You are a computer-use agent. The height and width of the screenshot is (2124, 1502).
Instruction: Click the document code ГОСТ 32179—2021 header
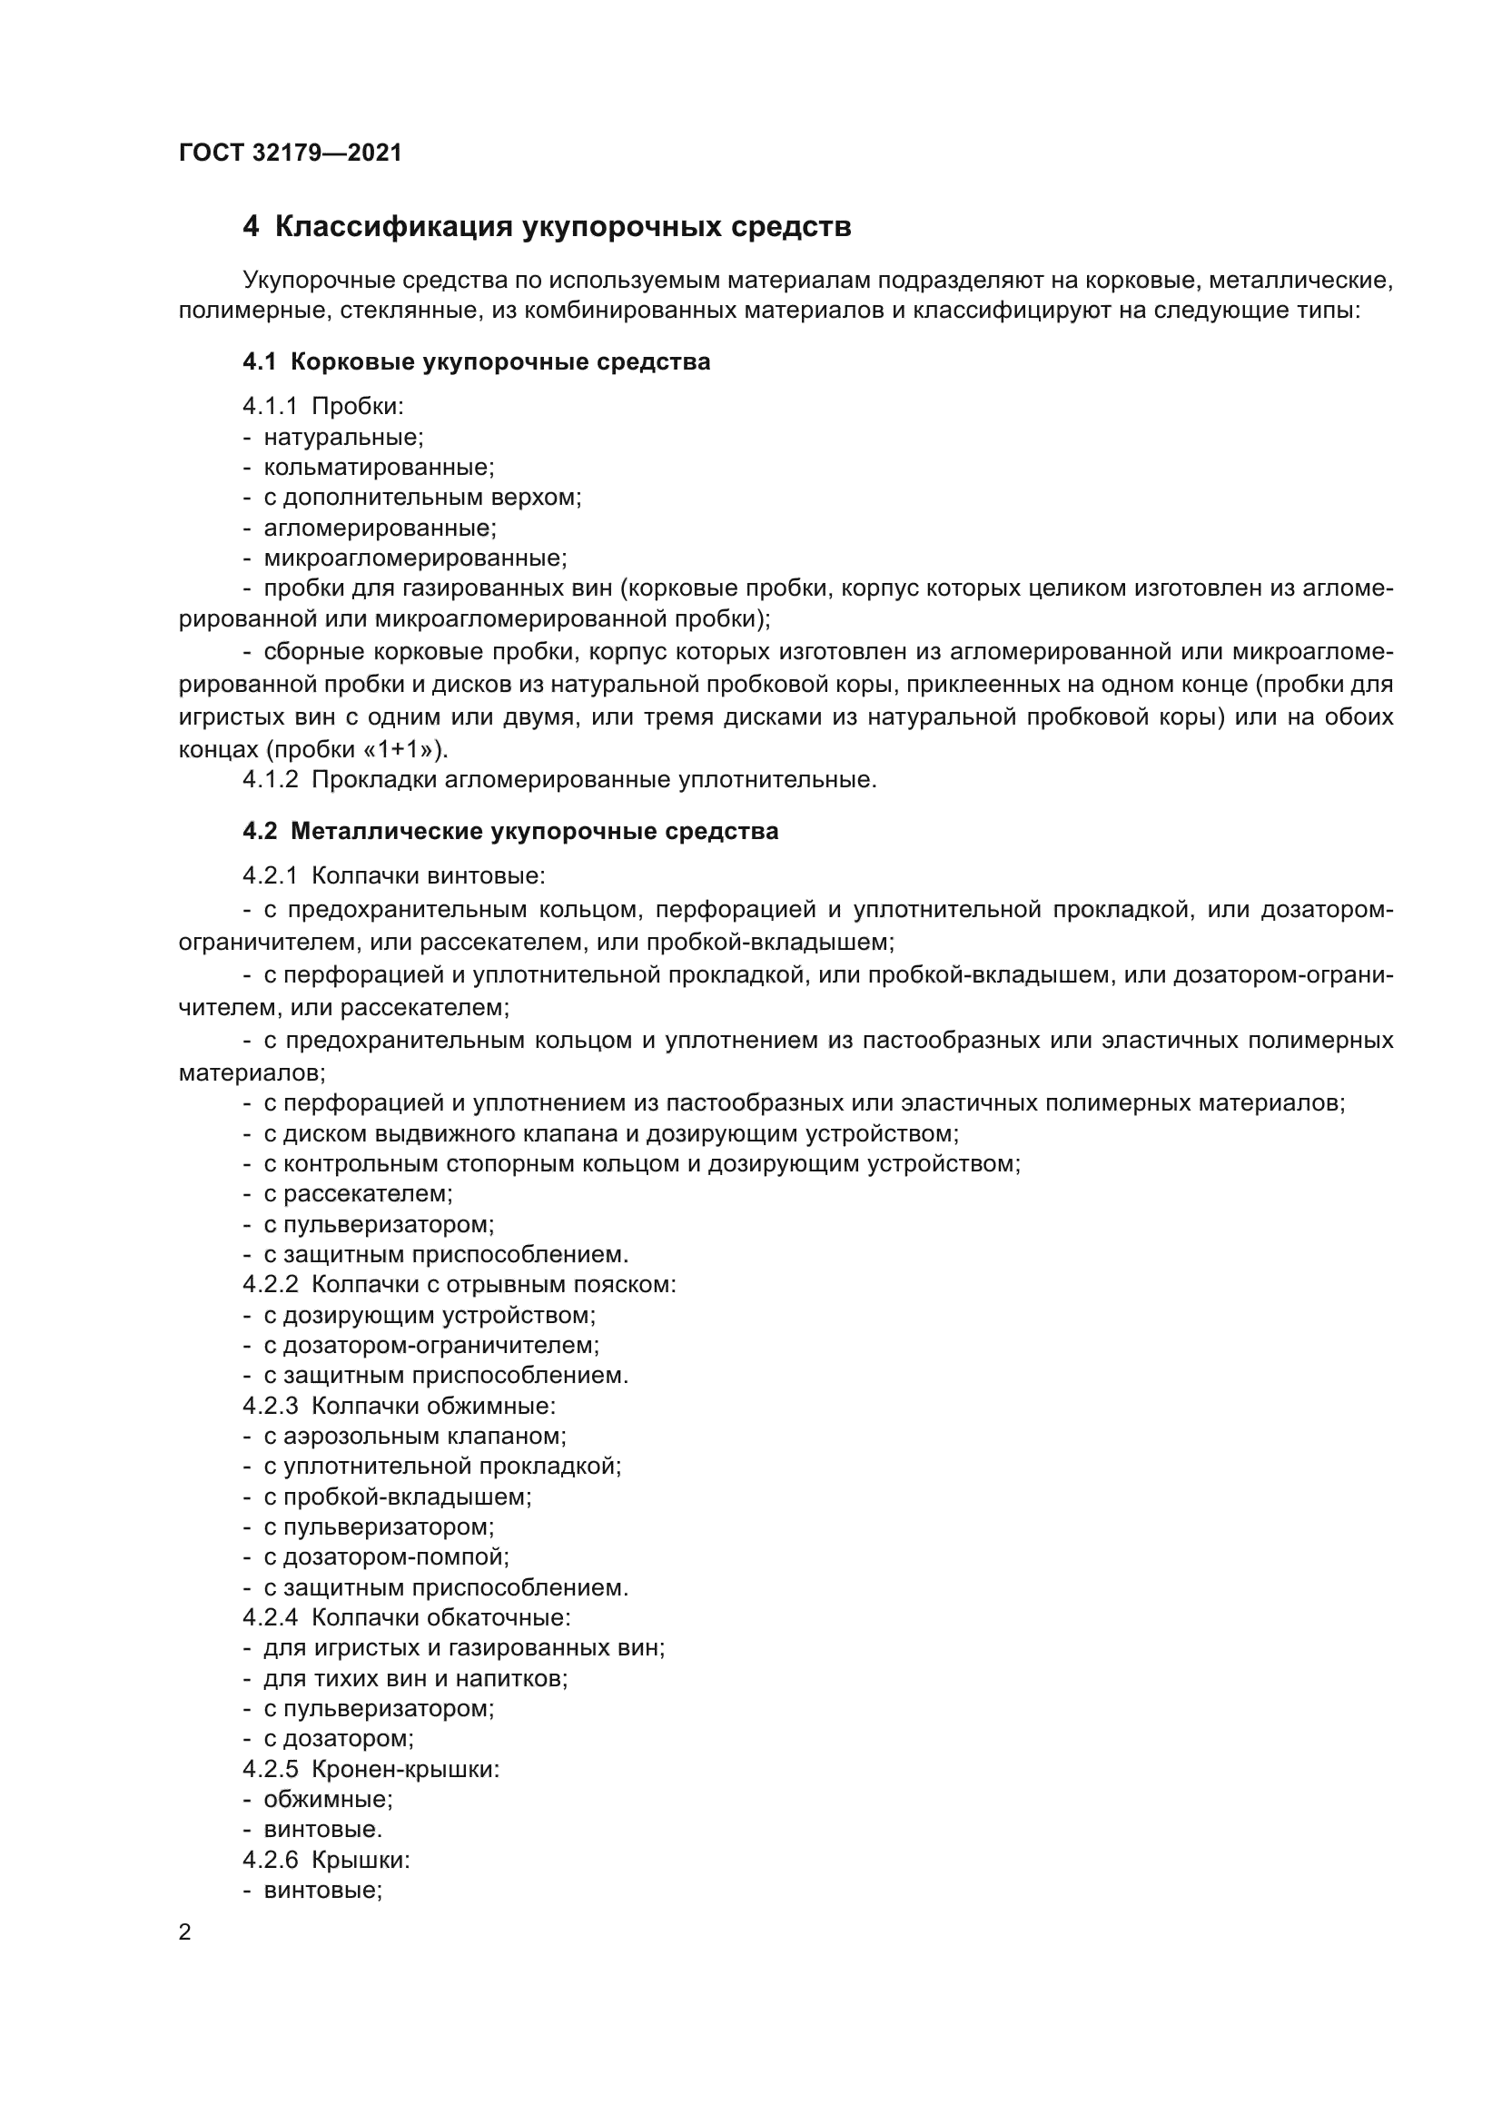(x=291, y=153)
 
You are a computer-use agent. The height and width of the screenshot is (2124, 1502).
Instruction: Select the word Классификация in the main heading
(x=393, y=227)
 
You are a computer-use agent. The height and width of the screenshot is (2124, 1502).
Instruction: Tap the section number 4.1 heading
(x=260, y=361)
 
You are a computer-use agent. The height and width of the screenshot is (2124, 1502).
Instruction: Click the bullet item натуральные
(x=343, y=437)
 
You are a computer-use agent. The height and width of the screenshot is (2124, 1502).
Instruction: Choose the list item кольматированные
(x=380, y=467)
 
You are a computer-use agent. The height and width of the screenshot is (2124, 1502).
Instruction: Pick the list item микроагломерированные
(x=415, y=558)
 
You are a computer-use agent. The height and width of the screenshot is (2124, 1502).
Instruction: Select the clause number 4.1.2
(x=270, y=779)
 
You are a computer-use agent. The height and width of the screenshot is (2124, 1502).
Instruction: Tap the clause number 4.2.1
(x=270, y=874)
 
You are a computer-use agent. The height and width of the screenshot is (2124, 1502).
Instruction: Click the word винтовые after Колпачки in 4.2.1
(x=486, y=874)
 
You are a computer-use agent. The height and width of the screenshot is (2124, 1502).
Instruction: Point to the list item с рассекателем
(x=358, y=1193)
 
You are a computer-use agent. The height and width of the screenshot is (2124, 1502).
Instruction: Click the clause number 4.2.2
(x=270, y=1284)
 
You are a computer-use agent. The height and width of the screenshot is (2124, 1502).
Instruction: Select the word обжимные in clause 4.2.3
(x=491, y=1406)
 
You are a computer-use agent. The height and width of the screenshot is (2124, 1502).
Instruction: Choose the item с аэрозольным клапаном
(x=414, y=1436)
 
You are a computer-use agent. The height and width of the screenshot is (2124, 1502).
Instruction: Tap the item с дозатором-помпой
(x=386, y=1557)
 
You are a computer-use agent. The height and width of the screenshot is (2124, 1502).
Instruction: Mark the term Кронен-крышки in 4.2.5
(x=405, y=1769)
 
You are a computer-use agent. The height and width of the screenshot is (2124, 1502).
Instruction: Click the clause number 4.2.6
(x=270, y=1860)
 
